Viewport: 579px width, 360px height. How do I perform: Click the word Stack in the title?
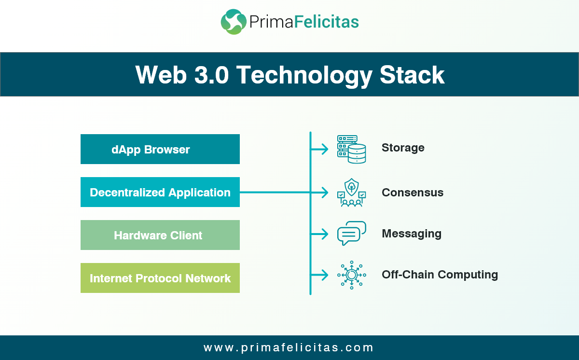coord(412,75)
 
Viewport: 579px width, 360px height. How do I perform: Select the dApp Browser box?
coord(160,150)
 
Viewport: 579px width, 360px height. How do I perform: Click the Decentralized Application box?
coord(160,193)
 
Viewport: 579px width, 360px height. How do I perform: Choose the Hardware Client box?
coord(160,235)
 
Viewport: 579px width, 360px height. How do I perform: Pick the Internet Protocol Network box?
coord(160,278)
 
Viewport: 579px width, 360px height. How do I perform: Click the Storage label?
coord(403,148)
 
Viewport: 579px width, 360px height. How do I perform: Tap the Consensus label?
coord(413,193)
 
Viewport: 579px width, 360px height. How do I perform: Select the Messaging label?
coord(412,234)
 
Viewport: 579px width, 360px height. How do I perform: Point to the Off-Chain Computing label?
coord(440,275)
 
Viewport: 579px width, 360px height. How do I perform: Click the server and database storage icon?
coord(351,149)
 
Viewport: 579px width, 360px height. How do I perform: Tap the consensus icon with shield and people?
coord(351,193)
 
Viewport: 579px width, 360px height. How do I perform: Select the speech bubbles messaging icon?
coord(351,234)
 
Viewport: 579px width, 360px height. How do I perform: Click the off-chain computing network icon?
coord(351,275)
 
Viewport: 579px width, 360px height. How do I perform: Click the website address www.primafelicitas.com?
coord(289,347)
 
